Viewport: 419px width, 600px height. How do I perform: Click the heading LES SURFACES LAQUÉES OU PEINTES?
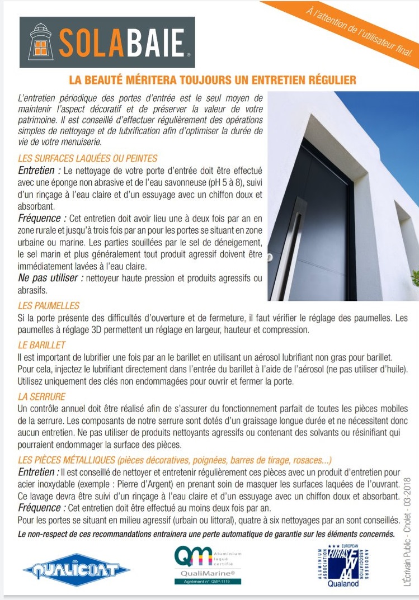click(x=88, y=158)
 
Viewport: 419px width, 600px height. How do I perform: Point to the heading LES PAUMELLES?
click(x=49, y=305)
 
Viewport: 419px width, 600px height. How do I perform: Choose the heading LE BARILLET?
click(x=42, y=344)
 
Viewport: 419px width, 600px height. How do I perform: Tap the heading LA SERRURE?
click(x=41, y=396)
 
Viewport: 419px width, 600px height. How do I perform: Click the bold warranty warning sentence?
click(x=206, y=533)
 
